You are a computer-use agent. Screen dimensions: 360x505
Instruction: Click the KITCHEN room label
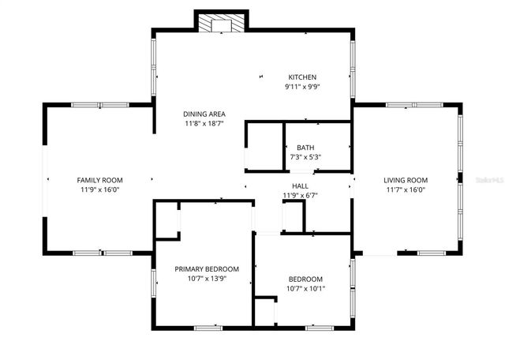(302, 77)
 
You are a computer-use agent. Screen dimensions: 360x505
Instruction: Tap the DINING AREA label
(204, 114)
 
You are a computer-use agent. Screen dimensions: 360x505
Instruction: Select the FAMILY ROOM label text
(99, 180)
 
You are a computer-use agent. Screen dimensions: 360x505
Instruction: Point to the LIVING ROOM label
(406, 180)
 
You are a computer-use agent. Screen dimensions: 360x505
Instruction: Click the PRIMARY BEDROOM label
(206, 269)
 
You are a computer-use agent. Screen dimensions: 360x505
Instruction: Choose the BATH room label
(305, 148)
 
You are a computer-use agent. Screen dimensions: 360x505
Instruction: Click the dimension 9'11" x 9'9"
(302, 87)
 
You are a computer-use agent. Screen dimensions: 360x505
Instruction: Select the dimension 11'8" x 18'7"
(204, 123)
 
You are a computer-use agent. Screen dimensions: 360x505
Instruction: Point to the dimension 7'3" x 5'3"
(305, 157)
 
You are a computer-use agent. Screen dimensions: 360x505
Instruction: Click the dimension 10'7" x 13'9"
(206, 279)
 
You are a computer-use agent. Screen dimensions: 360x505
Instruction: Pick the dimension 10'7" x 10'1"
(305, 288)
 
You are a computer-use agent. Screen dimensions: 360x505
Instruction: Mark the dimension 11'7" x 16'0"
(406, 189)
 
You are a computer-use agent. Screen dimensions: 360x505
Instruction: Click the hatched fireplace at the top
(221, 24)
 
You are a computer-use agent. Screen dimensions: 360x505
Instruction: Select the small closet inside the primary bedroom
(167, 221)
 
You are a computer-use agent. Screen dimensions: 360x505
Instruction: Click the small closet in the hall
(293, 216)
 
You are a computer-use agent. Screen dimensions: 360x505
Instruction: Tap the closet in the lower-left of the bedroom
(265, 311)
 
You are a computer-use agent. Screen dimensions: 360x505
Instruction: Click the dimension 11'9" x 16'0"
(99, 189)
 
